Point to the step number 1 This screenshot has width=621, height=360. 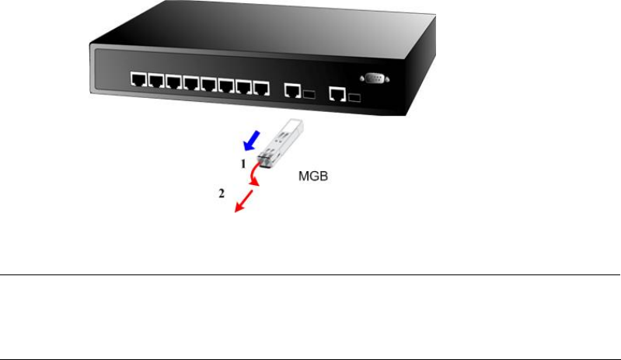coord(242,165)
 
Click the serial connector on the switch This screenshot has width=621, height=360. coord(372,78)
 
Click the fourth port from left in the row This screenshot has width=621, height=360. coord(191,82)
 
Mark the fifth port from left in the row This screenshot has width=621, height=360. coord(208,83)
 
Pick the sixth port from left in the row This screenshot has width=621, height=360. coord(226,84)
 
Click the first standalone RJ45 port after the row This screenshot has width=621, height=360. coord(292,90)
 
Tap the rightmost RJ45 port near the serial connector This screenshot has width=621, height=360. coord(338,93)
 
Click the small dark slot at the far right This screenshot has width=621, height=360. coord(355,97)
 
